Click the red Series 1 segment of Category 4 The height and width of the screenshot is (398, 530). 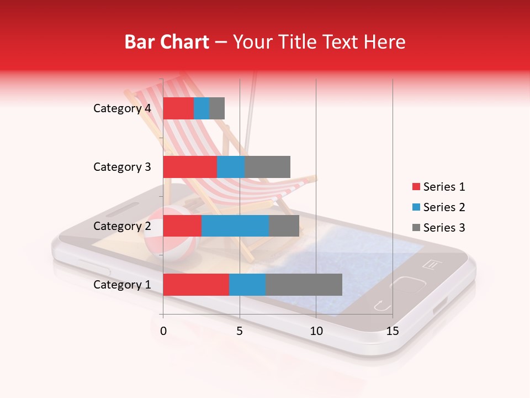coord(178,108)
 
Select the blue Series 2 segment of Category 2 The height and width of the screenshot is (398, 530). coord(235,226)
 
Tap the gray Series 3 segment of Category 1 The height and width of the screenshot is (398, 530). coord(304,284)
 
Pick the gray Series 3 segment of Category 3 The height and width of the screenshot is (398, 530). coord(267,167)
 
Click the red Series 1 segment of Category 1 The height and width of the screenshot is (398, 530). coord(196,284)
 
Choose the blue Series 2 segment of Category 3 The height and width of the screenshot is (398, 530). coord(231,167)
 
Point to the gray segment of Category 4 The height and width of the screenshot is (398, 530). coord(217,108)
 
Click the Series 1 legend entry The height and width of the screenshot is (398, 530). coord(438,187)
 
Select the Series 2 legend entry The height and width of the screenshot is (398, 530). coord(438,207)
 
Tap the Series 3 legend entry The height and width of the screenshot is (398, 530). coord(438,228)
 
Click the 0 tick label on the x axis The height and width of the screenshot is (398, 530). coord(163,331)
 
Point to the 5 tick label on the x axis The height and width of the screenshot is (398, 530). coord(240,331)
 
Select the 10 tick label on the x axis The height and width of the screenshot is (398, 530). coord(316,331)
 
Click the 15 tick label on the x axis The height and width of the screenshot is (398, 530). coord(393,331)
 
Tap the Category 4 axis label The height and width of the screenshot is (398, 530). coord(122,108)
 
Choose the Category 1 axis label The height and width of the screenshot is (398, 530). coord(122,285)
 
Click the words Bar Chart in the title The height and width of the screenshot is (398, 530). coord(167,41)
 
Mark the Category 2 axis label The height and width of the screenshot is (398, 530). coord(122,226)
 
